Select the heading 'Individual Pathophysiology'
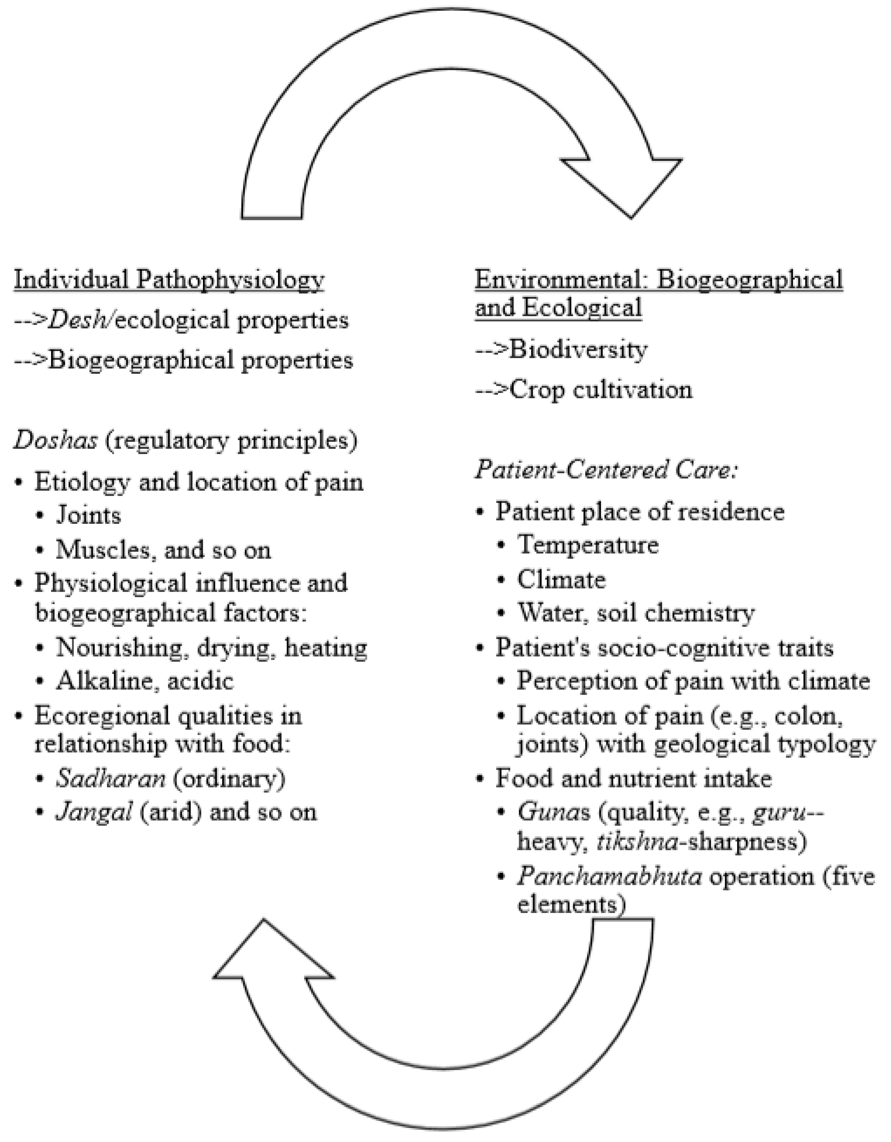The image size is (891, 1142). pos(169,280)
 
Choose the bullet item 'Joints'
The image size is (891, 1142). pos(88,516)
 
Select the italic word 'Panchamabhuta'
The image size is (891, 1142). pos(609,876)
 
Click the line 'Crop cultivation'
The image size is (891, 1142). pos(600,389)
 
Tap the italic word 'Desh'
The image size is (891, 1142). pos(79,320)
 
